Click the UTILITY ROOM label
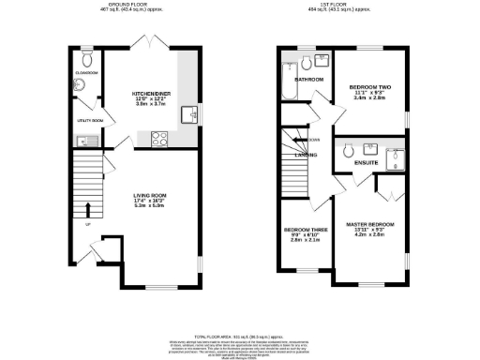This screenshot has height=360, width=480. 89,121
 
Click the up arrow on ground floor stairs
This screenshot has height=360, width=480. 89,208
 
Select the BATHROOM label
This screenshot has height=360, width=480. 309,80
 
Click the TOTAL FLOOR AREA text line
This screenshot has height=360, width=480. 239,335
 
